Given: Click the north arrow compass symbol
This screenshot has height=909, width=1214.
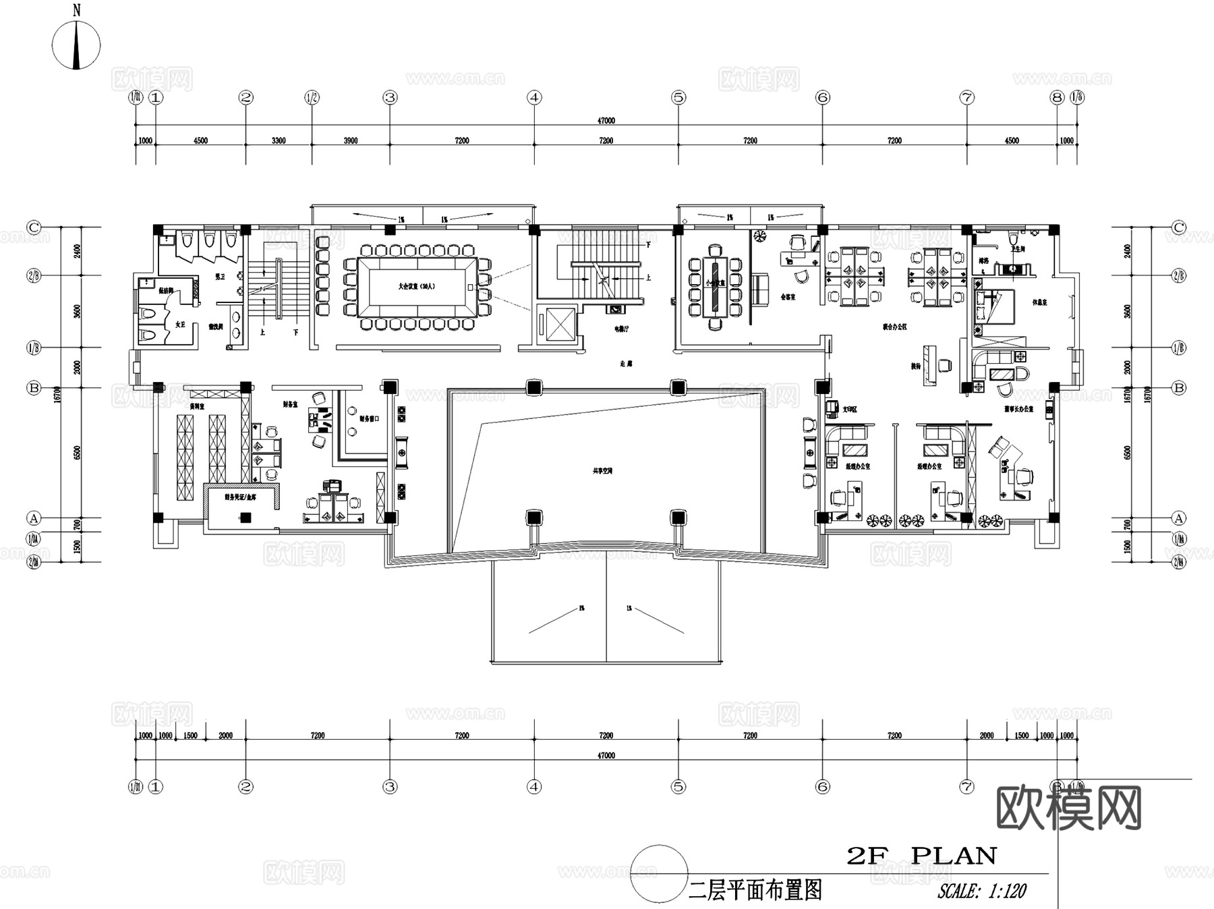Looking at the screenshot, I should [76, 45].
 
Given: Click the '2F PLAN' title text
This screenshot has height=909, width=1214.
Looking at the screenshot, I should [921, 856].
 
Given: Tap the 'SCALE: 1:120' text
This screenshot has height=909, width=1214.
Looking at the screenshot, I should [981, 891].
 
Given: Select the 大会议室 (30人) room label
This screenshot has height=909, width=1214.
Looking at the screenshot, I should [416, 286].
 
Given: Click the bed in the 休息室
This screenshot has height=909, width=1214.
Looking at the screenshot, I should [994, 307].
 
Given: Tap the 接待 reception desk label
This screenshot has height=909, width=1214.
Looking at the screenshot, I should [915, 366].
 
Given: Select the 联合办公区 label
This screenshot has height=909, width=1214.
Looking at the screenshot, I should [894, 327].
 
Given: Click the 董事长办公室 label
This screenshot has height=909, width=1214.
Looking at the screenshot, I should [1018, 409].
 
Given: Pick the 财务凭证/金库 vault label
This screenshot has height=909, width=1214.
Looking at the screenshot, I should [241, 497].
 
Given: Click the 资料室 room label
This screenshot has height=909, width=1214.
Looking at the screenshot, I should [197, 406].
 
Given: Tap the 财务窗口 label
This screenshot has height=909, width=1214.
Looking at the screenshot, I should [369, 418].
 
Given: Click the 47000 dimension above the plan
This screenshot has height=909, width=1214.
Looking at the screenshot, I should [606, 121].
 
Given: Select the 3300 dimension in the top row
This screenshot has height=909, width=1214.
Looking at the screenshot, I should [279, 141].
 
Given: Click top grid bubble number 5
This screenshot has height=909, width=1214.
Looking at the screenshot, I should [678, 98].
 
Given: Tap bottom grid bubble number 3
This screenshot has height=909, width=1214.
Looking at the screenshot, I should [390, 787].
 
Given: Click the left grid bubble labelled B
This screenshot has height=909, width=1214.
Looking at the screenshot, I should [34, 388].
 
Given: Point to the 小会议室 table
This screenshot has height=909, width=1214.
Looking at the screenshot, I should [715, 286].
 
